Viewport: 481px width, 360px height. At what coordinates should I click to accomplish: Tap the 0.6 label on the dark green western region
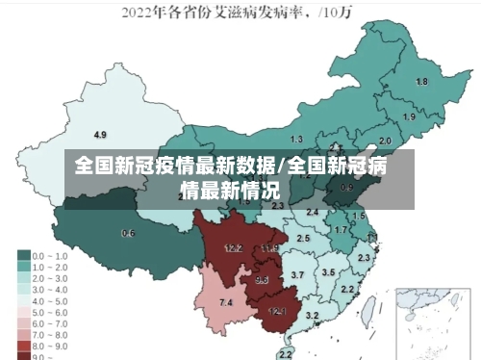(128, 233)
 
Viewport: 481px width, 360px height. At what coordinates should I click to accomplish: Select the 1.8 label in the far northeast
(421, 82)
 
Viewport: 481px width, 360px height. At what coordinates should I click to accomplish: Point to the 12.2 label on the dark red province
(233, 247)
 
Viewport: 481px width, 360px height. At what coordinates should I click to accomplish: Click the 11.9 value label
(269, 248)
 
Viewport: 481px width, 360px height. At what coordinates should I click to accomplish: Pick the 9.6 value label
(262, 280)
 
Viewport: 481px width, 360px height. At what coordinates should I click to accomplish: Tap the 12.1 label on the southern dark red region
(277, 311)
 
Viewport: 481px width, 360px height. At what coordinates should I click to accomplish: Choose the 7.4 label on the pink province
(226, 303)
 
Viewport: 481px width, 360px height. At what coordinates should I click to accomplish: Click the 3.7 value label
(297, 275)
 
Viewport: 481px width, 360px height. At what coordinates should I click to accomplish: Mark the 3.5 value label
(328, 272)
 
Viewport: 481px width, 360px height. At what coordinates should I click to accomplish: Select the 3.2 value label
(312, 315)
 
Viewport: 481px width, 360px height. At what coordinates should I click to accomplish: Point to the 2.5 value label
(303, 238)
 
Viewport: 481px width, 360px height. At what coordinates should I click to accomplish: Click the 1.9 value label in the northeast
(409, 116)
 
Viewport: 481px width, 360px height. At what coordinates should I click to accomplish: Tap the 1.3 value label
(296, 141)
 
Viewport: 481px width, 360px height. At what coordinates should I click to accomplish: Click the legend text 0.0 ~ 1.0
(48, 256)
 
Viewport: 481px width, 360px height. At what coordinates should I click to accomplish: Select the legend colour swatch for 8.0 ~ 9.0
(23, 344)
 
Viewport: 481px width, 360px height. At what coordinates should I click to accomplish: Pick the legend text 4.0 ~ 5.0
(48, 299)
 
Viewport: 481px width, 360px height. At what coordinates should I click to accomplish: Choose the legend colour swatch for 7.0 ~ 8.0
(23, 332)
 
